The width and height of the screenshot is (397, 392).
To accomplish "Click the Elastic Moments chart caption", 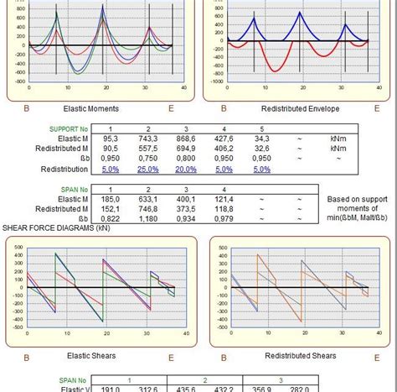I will [90, 108].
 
